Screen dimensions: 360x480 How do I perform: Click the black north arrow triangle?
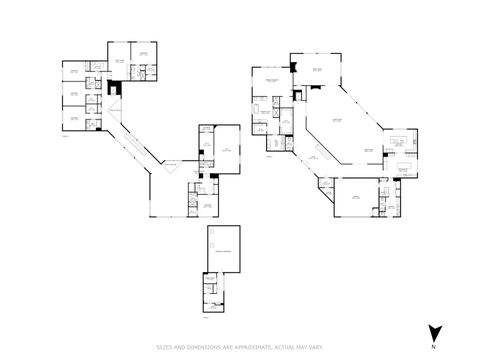434,332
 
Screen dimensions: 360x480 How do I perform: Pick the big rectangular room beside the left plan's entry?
229,149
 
